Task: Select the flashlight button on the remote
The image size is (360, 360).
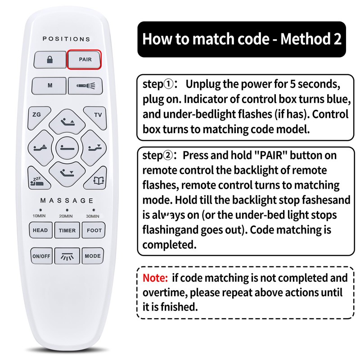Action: [x=84, y=85]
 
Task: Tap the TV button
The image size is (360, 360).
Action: [x=97, y=115]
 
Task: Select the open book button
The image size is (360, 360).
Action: [x=97, y=180]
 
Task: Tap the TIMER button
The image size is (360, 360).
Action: [x=67, y=230]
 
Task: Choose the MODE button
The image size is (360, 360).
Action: [x=93, y=256]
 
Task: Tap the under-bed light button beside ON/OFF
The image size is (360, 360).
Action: [x=67, y=256]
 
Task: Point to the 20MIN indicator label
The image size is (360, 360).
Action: [x=67, y=216]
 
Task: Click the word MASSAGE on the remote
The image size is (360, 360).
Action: [x=67, y=200]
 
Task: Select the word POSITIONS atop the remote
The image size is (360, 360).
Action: [x=67, y=39]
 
